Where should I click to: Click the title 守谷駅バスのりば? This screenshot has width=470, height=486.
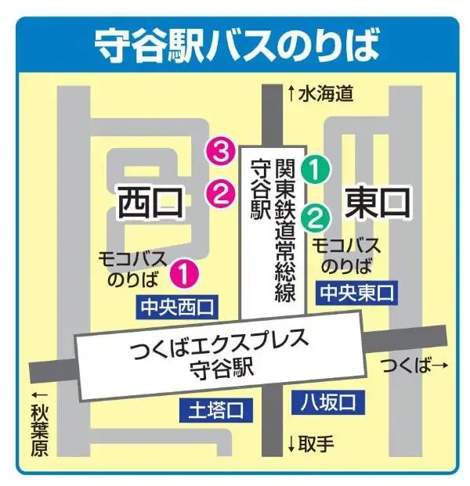236,46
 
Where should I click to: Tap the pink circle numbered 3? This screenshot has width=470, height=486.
220,149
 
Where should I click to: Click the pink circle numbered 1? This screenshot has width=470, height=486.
185,272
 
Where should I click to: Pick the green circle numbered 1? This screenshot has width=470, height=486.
316,167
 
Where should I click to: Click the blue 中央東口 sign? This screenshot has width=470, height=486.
356,294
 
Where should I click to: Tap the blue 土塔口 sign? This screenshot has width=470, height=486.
212,409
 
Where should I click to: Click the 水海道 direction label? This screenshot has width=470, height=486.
321,93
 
